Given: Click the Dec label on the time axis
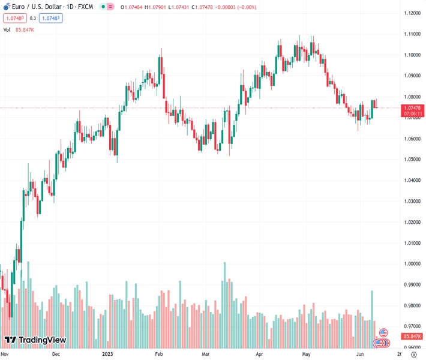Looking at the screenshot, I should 56,354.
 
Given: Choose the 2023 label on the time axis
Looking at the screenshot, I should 107,354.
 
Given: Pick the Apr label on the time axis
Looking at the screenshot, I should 259,354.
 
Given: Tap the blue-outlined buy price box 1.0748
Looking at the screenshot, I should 50,18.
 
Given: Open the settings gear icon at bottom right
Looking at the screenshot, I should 413,354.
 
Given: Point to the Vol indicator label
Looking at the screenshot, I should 7,29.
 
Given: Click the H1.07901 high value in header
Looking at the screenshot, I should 157,7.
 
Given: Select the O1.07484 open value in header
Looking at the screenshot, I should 131,7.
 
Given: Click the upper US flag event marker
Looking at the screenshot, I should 383,332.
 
